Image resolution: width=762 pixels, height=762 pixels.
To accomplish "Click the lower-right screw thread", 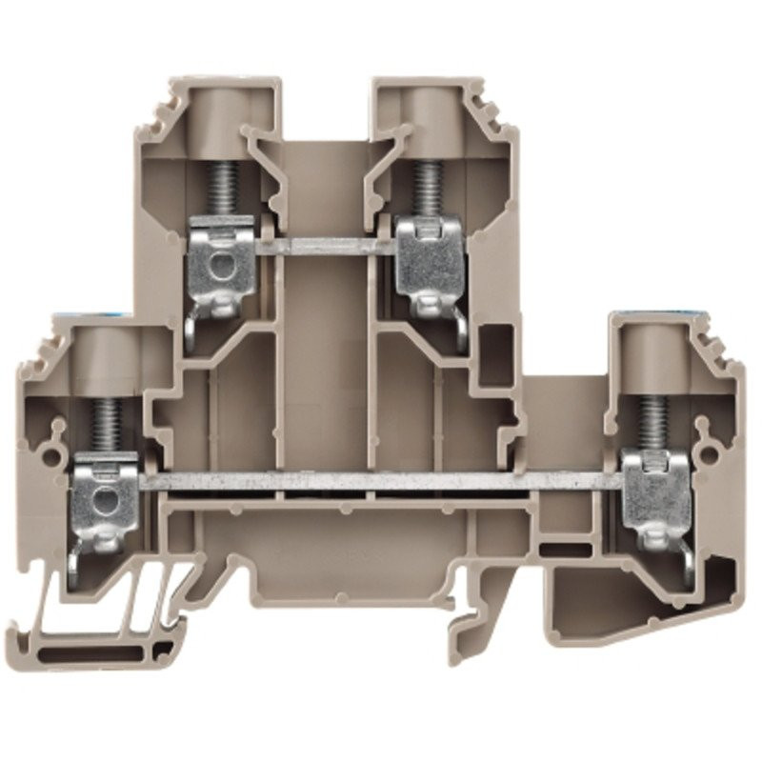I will [x=652, y=419].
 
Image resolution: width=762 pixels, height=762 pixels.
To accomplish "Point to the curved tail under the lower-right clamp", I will [x=688, y=567].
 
